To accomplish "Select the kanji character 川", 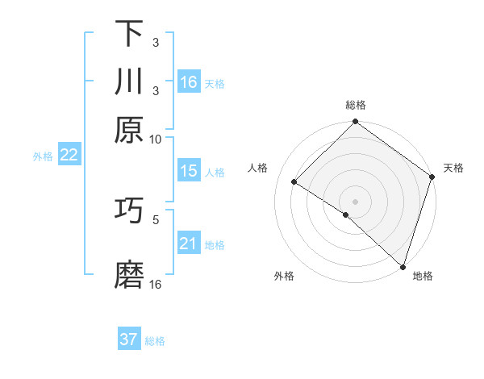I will click(x=129, y=83).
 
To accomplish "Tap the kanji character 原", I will click(x=129, y=129).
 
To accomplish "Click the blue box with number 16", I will click(x=189, y=81).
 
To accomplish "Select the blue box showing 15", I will click(x=189, y=171).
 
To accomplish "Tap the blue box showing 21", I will click(x=189, y=244).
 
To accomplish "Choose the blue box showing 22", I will click(x=69, y=156).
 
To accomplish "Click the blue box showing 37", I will click(x=129, y=339).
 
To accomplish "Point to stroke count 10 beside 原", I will click(x=156, y=140).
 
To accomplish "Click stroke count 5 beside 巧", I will click(x=156, y=219).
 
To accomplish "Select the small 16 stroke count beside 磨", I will click(x=156, y=285).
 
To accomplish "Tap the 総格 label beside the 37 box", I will click(x=156, y=341).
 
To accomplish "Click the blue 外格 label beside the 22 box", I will click(x=42, y=156).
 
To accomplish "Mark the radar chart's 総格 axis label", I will click(x=356, y=105).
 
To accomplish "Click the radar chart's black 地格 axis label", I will click(x=423, y=276).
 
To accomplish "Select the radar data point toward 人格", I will click(x=294, y=182).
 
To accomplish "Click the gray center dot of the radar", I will click(x=355, y=200).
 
